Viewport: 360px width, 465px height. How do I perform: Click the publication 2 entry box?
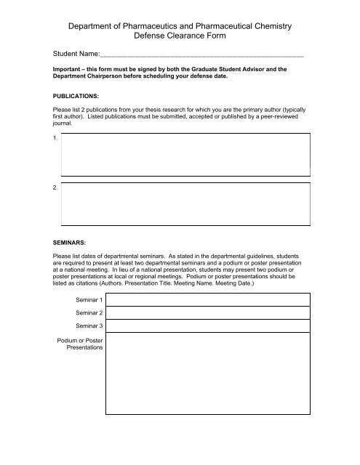pyautogui.click(x=186, y=201)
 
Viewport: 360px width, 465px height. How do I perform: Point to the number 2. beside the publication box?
pyautogui.click(x=56, y=187)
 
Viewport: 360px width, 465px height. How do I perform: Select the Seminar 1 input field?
pyautogui.click(x=208, y=299)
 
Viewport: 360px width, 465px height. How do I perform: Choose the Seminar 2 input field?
pyautogui.click(x=208, y=312)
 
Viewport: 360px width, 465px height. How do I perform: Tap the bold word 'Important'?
pyautogui.click(x=60, y=70)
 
